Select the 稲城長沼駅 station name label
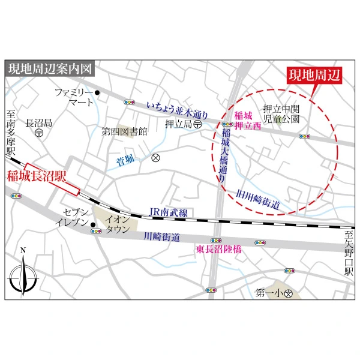(35, 177)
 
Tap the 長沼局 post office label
(38, 123)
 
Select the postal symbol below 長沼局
(38, 134)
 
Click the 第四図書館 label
(124, 131)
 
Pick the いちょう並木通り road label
(177, 109)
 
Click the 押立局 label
(178, 124)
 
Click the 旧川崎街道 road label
(259, 200)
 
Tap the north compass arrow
(23, 272)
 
